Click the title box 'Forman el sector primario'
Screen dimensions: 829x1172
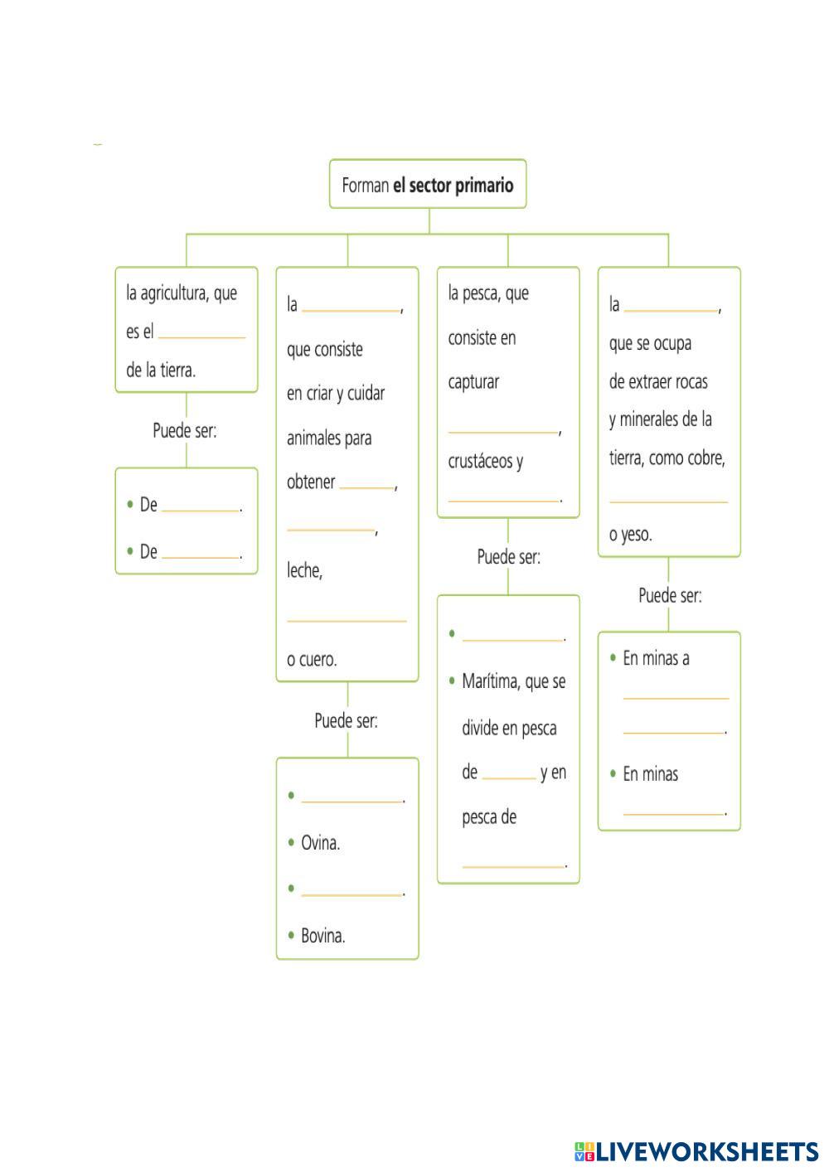click(x=428, y=185)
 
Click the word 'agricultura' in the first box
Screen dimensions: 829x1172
click(x=175, y=293)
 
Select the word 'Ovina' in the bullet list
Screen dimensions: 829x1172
click(x=320, y=844)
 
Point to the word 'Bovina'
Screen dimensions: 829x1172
click(x=322, y=936)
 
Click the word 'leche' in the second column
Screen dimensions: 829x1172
click(x=304, y=570)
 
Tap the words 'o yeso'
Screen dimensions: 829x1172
click(x=631, y=535)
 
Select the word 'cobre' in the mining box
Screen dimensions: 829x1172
click(x=705, y=458)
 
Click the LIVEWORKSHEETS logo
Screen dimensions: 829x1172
click(x=696, y=1151)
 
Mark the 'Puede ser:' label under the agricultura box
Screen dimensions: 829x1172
click(x=185, y=431)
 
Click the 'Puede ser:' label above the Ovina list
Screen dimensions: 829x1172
click(x=346, y=721)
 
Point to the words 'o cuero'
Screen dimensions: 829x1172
click(x=312, y=660)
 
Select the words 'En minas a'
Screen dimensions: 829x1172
click(x=656, y=658)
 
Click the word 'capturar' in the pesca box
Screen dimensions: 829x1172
click(x=473, y=382)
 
